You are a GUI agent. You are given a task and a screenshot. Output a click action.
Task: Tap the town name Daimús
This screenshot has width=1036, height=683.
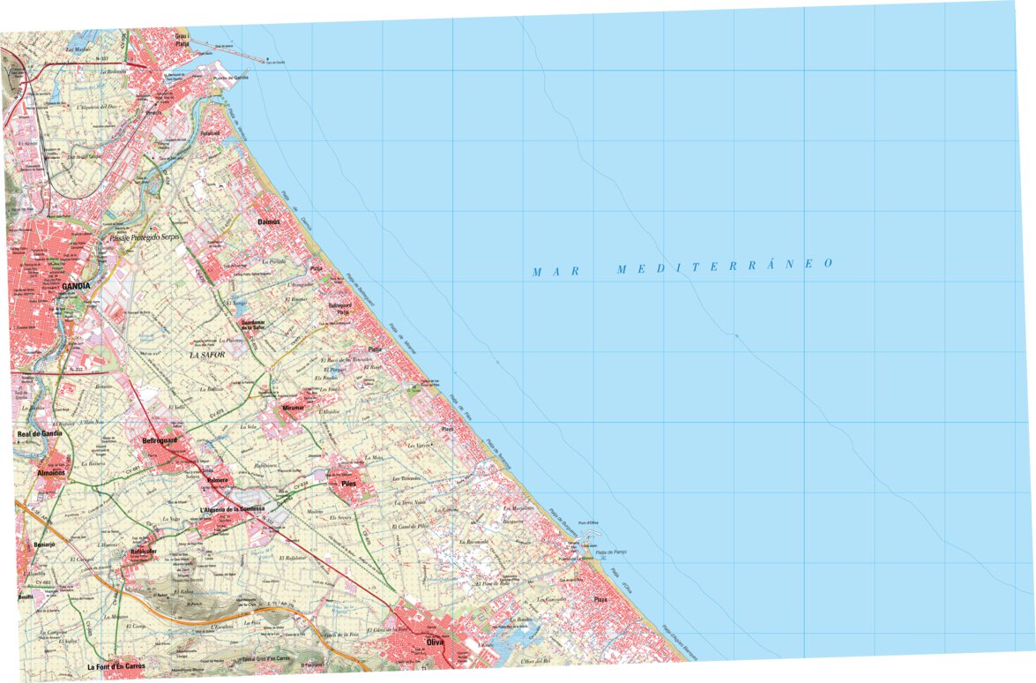click(268, 221)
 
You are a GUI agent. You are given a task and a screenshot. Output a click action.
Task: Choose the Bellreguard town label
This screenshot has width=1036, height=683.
click(160, 439)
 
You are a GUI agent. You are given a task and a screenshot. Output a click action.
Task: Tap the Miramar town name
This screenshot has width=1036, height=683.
click(293, 409)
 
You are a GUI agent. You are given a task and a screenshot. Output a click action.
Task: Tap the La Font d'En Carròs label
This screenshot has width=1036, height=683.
click(116, 666)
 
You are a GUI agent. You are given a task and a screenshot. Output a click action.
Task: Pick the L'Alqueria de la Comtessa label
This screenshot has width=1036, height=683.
click(233, 510)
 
